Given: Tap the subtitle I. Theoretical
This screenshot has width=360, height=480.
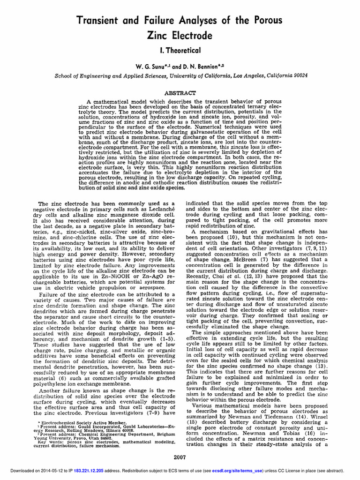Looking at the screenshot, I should (180, 50).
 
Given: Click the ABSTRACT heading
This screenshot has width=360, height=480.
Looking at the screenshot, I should (180, 93).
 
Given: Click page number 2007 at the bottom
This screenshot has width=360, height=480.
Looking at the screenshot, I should (180, 457).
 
